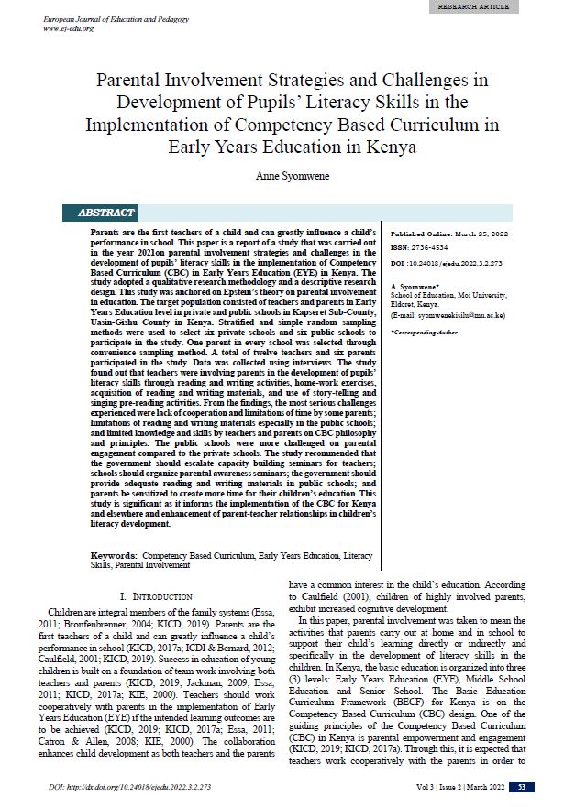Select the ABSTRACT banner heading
107,213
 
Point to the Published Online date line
449,234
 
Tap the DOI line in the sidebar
452,262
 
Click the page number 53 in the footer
521,787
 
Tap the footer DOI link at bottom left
131,787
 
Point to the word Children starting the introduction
74,611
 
